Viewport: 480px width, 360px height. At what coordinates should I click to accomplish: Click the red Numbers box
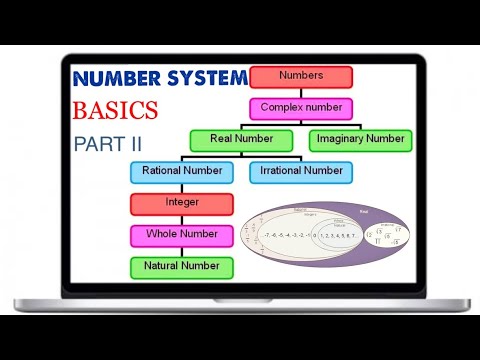pos(301,77)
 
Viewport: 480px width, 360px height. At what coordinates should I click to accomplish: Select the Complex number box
pos(301,108)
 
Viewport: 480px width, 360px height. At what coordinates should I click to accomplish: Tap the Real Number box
pos(241,139)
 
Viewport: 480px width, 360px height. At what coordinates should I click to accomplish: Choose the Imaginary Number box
pos(360,139)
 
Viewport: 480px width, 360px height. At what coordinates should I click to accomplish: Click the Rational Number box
pos(182,171)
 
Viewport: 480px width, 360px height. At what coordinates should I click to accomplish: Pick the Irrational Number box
pos(301,171)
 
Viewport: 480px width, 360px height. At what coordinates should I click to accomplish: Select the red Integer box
pos(182,203)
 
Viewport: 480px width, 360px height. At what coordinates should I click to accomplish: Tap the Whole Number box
pos(182,235)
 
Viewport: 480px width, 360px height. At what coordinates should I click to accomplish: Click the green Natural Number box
pos(182,267)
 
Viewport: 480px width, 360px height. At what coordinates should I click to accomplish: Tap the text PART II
pos(107,143)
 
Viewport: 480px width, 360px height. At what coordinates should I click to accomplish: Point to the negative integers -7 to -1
pos(286,237)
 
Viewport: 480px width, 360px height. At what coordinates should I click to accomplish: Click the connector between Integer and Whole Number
pos(182,219)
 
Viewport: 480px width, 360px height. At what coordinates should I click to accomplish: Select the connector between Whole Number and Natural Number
pos(182,251)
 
